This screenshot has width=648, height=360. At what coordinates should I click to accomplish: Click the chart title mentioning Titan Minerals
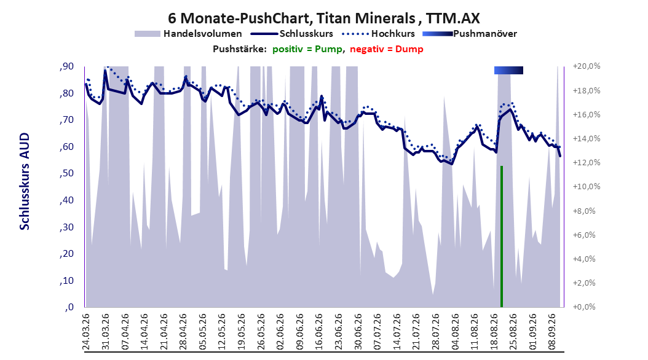click(x=324, y=18)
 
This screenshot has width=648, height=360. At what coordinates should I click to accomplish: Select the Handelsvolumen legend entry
click(x=189, y=34)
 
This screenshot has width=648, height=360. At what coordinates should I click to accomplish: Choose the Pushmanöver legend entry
click(x=470, y=34)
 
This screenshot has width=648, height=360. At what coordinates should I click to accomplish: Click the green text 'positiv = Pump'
click(x=307, y=49)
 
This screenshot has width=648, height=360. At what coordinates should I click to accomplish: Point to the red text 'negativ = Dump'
click(x=387, y=49)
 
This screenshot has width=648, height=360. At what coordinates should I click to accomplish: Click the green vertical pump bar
click(x=502, y=237)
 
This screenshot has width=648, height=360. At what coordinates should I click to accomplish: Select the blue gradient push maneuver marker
click(x=508, y=70)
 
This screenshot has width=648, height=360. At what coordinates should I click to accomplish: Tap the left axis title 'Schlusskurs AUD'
click(x=25, y=181)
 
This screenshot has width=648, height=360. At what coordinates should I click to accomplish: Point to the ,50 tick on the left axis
click(x=66, y=173)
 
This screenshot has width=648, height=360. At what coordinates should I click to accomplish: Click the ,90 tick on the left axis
click(x=66, y=66)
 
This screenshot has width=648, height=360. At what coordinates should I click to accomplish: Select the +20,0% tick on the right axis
click(x=587, y=66)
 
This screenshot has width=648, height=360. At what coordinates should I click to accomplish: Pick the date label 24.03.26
click(x=86, y=332)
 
